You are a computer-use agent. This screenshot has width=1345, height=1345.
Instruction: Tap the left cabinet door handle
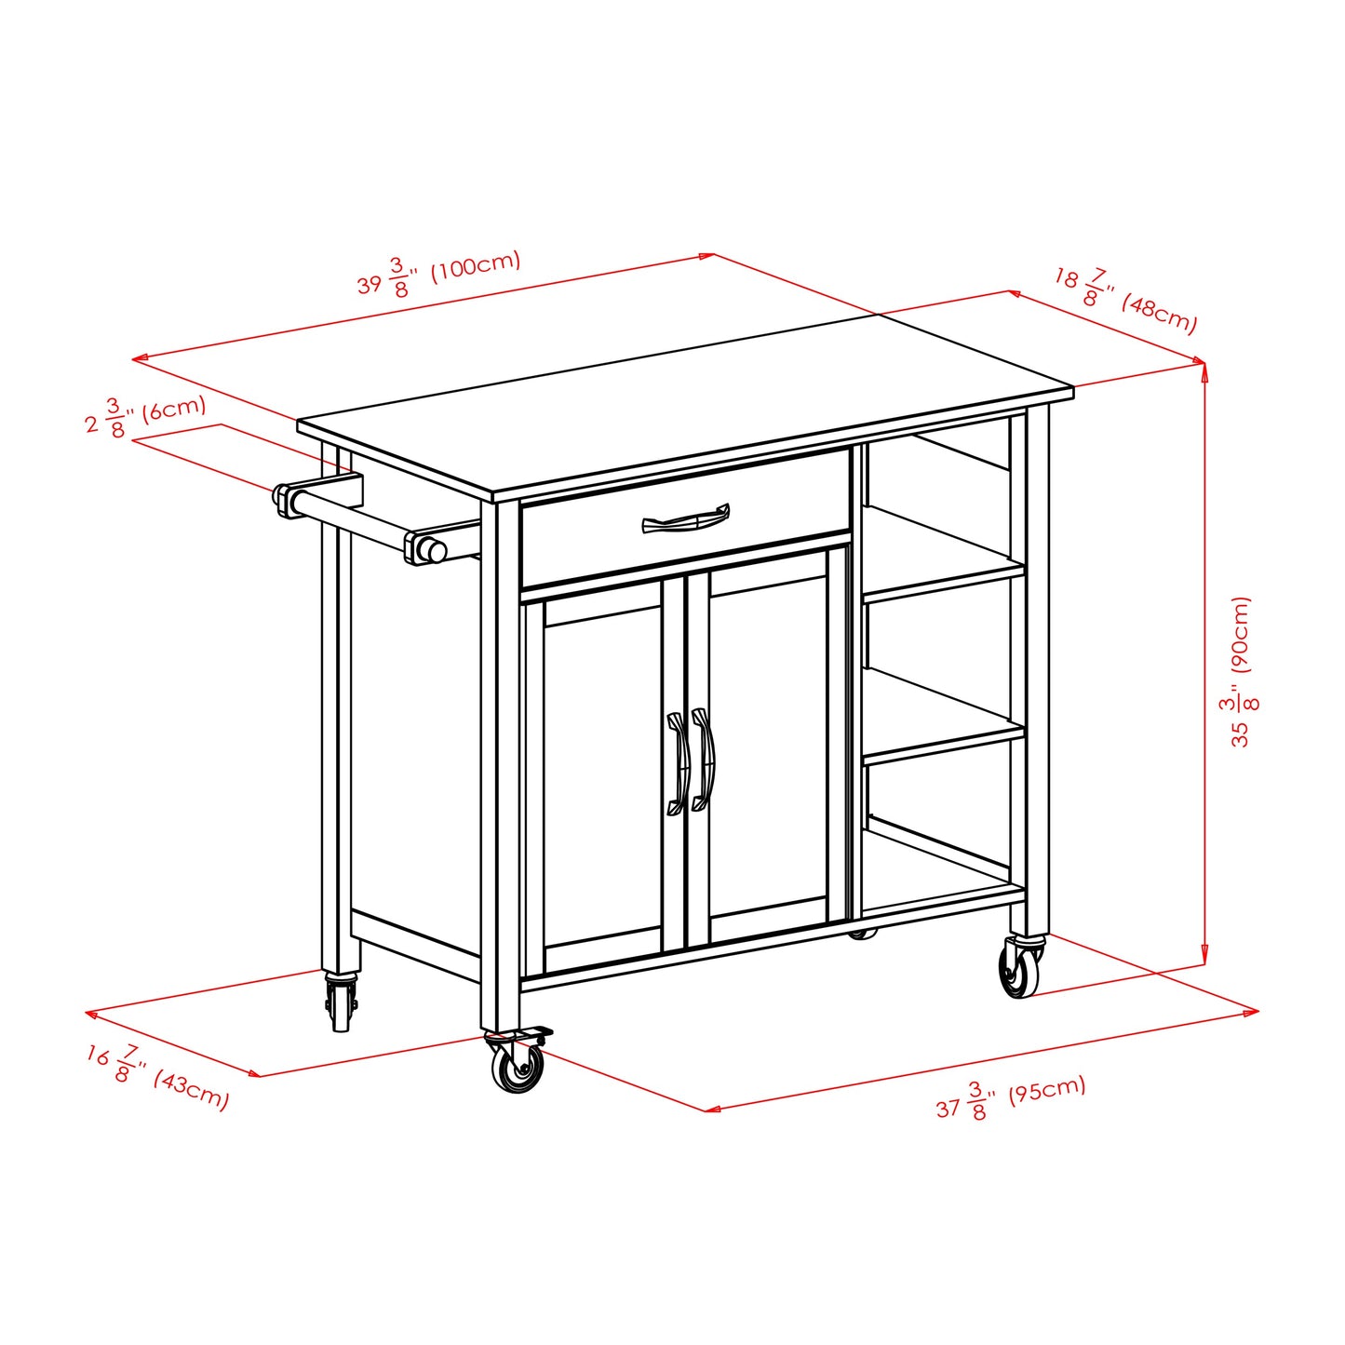coord(677,762)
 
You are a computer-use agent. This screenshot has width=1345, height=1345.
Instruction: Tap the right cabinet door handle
coord(703,760)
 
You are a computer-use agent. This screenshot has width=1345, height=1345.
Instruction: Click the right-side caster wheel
coord(1020,969)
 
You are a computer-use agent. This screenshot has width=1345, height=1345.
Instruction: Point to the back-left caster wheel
coord(340,1004)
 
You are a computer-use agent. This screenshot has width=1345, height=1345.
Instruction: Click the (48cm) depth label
coord(1159,313)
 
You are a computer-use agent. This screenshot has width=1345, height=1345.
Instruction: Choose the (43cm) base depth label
coord(191,1089)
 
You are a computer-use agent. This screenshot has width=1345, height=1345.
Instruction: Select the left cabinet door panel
coord(602,777)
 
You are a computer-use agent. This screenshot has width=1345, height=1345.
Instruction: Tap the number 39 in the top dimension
coord(370,284)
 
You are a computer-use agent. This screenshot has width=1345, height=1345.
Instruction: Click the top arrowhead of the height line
coord(1204,370)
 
